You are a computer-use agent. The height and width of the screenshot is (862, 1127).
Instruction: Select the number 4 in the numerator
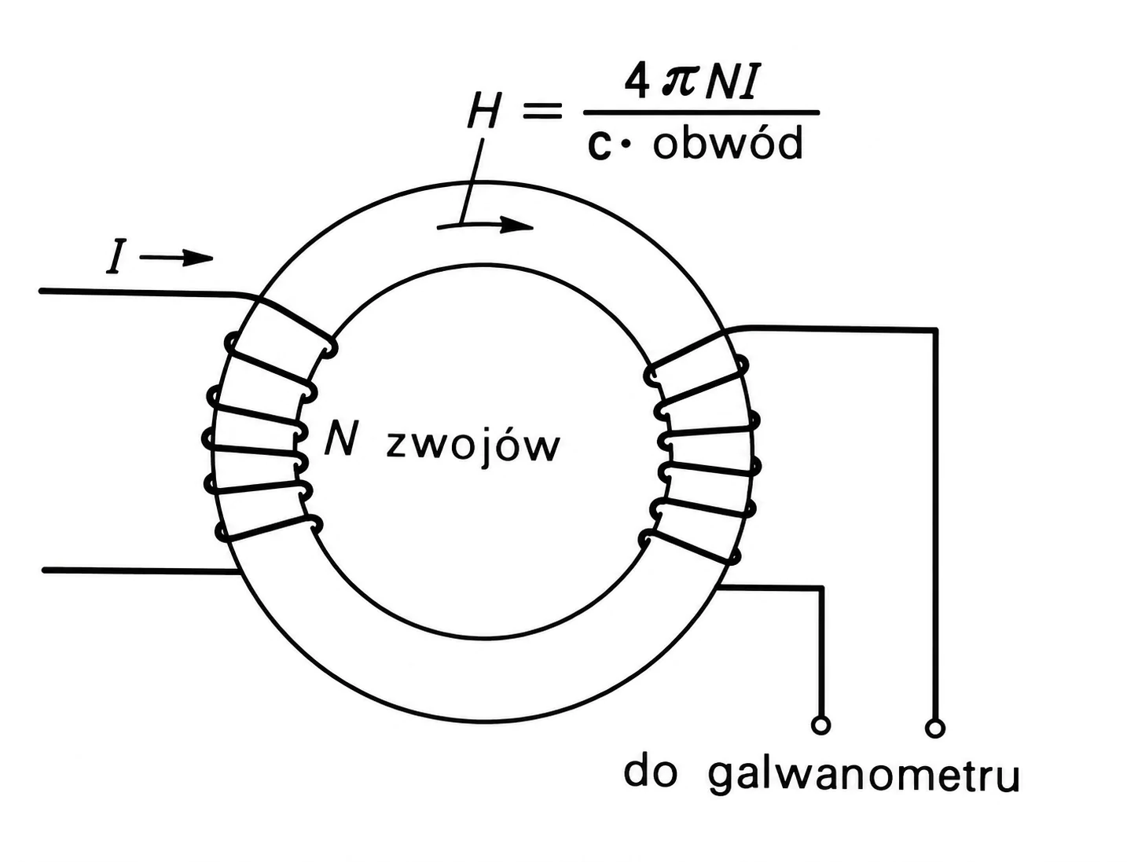click(x=637, y=82)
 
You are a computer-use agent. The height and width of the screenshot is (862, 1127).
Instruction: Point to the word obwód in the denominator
click(x=727, y=143)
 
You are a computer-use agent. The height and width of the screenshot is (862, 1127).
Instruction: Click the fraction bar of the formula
click(x=701, y=112)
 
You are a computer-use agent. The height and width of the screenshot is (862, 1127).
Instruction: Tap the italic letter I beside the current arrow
click(x=116, y=256)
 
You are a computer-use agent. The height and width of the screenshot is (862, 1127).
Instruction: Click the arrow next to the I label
click(x=176, y=258)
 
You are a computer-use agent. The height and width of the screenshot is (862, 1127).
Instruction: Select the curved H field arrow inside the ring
click(x=485, y=226)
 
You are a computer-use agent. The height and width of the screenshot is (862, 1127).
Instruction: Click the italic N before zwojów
click(x=340, y=441)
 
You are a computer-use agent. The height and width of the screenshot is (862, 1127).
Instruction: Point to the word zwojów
click(x=472, y=446)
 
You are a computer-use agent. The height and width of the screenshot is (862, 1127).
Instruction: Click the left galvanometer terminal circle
click(x=820, y=725)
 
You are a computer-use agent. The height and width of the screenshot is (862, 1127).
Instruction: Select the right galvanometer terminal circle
click(x=934, y=728)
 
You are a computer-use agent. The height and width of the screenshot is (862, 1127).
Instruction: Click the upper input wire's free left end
click(x=41, y=291)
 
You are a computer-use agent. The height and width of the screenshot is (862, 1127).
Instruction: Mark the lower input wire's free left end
click(x=44, y=570)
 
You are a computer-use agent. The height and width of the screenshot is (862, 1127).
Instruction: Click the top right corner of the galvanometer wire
click(x=935, y=330)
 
